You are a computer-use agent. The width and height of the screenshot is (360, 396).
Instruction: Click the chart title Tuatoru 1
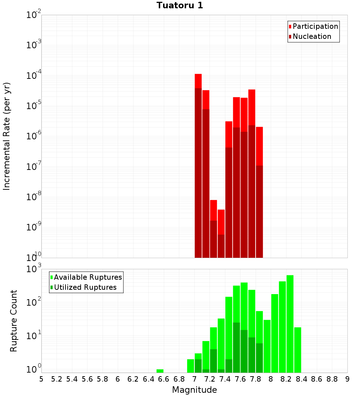point(180,5)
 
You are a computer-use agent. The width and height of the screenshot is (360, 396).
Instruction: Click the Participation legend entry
point(315,26)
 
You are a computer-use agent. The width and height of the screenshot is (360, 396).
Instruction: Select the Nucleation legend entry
point(311,36)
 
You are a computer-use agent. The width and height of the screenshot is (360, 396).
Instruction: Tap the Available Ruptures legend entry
point(87,277)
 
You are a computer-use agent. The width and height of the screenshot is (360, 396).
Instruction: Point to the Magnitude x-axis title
point(194,390)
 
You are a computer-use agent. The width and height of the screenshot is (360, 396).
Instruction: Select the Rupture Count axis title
point(14,320)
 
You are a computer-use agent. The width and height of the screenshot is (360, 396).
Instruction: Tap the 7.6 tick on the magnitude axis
point(240,379)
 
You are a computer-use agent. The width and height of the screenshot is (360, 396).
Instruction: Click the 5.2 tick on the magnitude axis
point(57,379)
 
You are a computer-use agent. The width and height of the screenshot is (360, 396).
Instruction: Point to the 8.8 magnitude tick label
point(332,379)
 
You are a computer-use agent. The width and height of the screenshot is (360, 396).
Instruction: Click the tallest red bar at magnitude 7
point(198,166)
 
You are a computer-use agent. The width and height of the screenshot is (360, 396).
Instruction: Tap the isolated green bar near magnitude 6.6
point(160,371)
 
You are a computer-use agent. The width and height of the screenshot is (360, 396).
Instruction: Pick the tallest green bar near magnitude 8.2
point(290,324)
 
